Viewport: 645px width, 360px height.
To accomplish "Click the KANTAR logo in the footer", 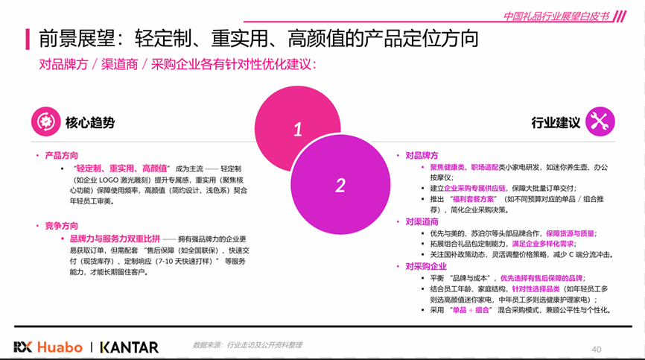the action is (x=130, y=347).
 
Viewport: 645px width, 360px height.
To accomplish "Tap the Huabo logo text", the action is (x=60, y=347).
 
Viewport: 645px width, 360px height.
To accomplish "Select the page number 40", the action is (x=597, y=350).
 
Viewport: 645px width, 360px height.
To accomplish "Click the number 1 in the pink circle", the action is (x=298, y=130).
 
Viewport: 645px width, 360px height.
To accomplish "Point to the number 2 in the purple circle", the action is (x=340, y=185).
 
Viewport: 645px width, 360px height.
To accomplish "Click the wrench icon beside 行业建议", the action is (x=600, y=121).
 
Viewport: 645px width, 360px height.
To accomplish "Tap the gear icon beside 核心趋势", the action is (x=45, y=121).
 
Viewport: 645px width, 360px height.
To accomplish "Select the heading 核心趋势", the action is (x=90, y=122).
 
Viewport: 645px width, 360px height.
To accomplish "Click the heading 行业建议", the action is (x=556, y=122).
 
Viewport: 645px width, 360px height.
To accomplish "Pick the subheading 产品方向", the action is (x=61, y=156).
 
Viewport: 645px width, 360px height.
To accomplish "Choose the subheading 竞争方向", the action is (x=61, y=226).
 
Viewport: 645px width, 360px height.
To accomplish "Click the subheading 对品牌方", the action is (x=422, y=156).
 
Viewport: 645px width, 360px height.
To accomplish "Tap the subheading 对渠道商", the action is (x=422, y=222).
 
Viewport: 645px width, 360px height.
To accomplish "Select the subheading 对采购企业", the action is (x=426, y=266).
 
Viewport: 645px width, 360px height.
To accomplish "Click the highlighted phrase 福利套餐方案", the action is (x=473, y=199).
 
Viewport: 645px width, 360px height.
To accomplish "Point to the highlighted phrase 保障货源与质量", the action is (x=570, y=233).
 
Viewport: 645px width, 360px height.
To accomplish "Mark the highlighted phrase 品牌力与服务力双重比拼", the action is (x=115, y=239).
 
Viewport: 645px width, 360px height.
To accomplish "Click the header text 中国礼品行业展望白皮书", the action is (x=556, y=16).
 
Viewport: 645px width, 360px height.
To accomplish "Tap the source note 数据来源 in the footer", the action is (x=247, y=345).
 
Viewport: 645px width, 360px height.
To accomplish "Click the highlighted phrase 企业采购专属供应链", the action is (x=474, y=188).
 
